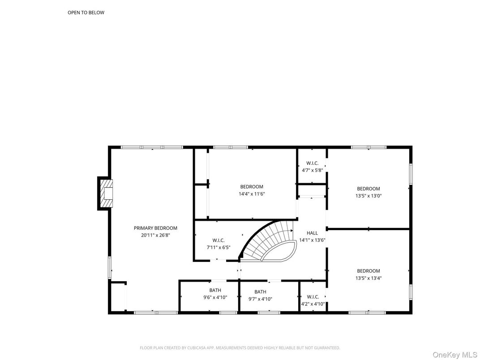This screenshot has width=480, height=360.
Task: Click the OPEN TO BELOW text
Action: [x=86, y=13]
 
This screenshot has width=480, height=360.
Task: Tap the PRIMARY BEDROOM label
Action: [x=155, y=228]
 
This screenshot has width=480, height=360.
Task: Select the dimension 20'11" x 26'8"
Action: [x=155, y=235]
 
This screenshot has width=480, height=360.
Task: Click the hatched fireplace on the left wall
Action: [x=106, y=193]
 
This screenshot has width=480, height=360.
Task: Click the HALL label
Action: [x=312, y=233]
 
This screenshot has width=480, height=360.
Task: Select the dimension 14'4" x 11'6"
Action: [x=252, y=194]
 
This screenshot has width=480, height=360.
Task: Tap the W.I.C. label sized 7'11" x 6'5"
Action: [x=219, y=240]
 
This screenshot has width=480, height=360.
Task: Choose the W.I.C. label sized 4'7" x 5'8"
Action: [x=312, y=163]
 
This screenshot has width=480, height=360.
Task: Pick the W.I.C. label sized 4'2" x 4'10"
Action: [x=313, y=297]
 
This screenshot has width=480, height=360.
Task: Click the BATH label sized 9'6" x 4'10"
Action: [x=215, y=291]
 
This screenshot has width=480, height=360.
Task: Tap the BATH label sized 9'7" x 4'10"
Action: [x=260, y=292]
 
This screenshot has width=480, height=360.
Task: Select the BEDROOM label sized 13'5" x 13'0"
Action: [x=368, y=189]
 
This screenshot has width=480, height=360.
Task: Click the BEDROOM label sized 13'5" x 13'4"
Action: [x=368, y=271]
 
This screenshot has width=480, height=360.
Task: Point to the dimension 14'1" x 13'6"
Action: [x=312, y=240]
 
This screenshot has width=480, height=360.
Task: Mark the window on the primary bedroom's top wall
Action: [x=152, y=147]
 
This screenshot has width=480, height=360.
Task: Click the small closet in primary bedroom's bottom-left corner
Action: [x=117, y=297]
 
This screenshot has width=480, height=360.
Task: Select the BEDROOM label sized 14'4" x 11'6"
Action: [x=252, y=187]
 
